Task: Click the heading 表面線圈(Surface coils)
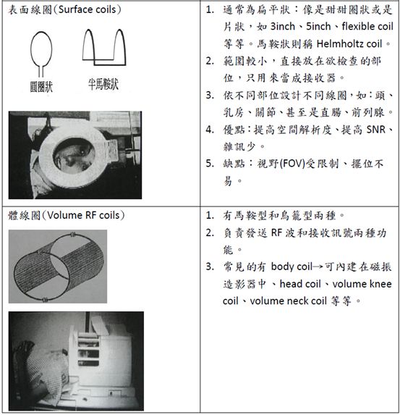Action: [x=65, y=12]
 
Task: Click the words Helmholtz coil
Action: [x=359, y=45]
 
